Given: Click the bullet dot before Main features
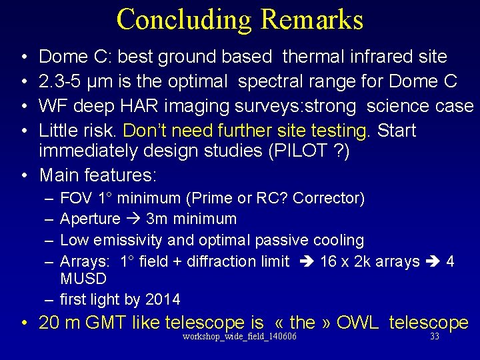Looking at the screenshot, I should click(24, 176).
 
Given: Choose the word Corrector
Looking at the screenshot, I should click(328, 198).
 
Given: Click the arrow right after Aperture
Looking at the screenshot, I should click(132, 219).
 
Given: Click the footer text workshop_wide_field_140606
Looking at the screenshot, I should click(239, 337).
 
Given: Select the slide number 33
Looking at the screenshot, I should click(435, 337).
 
